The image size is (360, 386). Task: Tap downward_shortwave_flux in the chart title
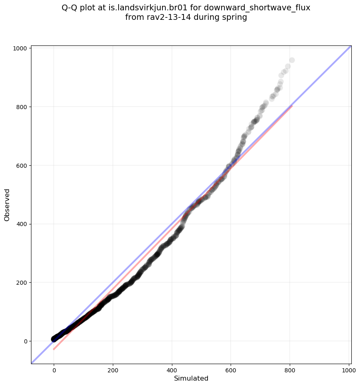(x=257, y=8)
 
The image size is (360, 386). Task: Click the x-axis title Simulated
(x=191, y=378)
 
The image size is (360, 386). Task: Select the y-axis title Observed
(x=7, y=205)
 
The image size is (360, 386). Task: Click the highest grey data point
(x=292, y=60)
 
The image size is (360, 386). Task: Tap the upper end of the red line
(x=292, y=106)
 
